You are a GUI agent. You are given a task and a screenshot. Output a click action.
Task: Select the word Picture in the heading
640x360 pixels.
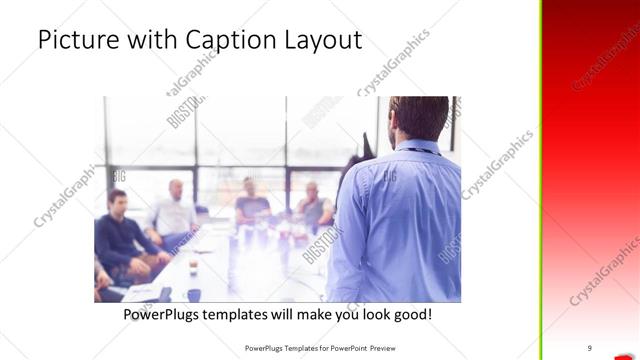[x=73, y=40]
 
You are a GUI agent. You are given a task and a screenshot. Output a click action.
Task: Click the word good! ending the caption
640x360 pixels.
[x=412, y=314]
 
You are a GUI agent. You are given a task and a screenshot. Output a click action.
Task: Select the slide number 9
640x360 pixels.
[x=589, y=348]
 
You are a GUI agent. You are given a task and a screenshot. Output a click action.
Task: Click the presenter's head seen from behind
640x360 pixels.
[x=418, y=117]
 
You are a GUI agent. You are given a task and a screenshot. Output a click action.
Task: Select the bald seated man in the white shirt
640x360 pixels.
[x=174, y=210]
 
